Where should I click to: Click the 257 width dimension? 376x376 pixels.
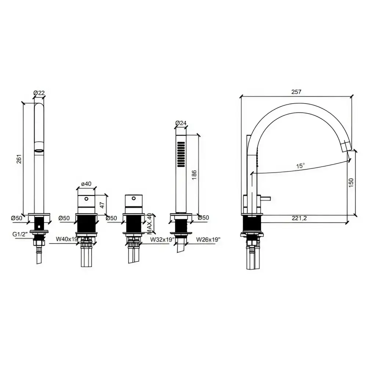[296, 91]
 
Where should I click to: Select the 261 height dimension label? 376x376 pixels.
[19, 159]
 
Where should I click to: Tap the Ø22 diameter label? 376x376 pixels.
[39, 93]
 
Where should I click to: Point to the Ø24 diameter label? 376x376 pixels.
[181, 123]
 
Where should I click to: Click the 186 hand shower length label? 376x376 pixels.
[194, 175]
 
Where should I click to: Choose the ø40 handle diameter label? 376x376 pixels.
[86, 184]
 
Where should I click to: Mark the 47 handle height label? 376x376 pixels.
[102, 205]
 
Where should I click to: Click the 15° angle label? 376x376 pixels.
[300, 166]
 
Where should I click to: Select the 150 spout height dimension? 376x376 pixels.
[351, 183]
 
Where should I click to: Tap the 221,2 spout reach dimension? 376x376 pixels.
[299, 218]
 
